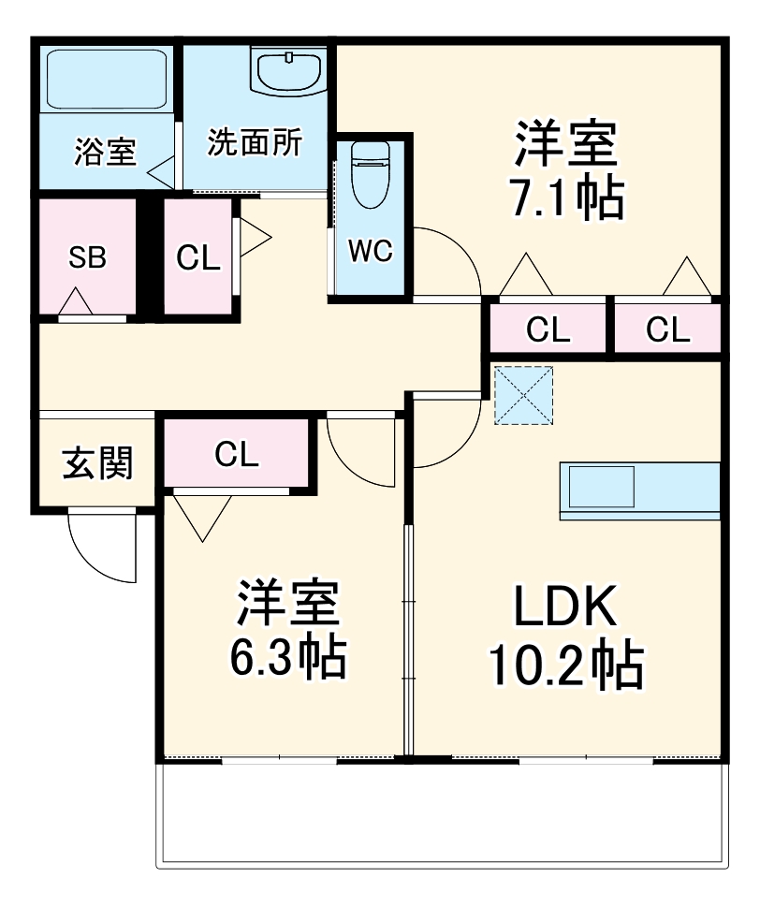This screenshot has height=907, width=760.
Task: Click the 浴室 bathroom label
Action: coord(105,153)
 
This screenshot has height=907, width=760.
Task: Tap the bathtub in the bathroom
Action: coord(107,80)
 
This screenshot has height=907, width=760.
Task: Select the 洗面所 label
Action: coord(255,143)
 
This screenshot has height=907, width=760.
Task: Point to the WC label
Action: coord(371,251)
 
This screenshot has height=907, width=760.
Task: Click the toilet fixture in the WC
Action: coord(370,177)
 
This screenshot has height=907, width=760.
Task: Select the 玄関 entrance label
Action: coord(97,461)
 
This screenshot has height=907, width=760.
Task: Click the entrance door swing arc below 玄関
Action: coord(98,552)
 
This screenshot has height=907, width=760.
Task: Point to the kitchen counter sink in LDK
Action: coord(601,487)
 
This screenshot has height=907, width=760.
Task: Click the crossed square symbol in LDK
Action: coord(523,395)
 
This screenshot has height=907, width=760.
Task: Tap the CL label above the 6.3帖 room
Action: coord(236,454)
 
